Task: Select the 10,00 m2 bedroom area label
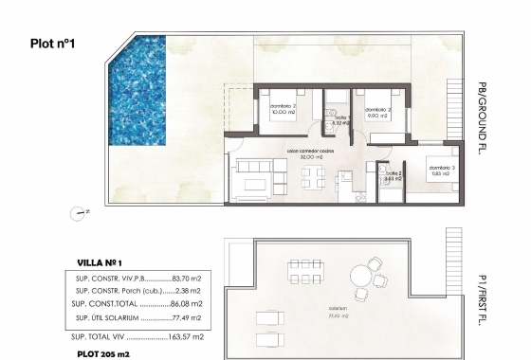pos(283,112)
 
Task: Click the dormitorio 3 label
pos(437,167)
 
